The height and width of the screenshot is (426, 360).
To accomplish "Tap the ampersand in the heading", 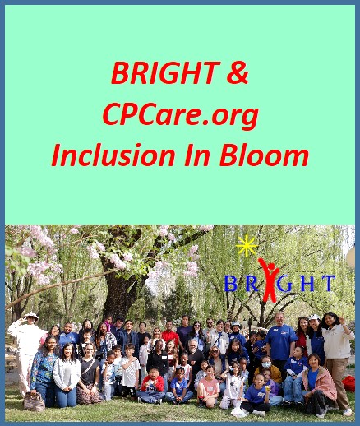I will click(x=237, y=74).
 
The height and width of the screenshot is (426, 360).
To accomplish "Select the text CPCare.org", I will click(x=181, y=113).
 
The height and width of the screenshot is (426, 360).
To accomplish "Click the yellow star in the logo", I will click(x=244, y=245).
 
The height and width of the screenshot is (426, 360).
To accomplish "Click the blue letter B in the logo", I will click(x=231, y=285).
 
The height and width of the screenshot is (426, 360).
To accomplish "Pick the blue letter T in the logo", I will click(x=327, y=285).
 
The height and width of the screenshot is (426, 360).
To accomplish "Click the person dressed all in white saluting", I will click(x=29, y=345).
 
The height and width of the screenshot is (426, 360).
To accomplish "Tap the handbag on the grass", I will click(x=34, y=401).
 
